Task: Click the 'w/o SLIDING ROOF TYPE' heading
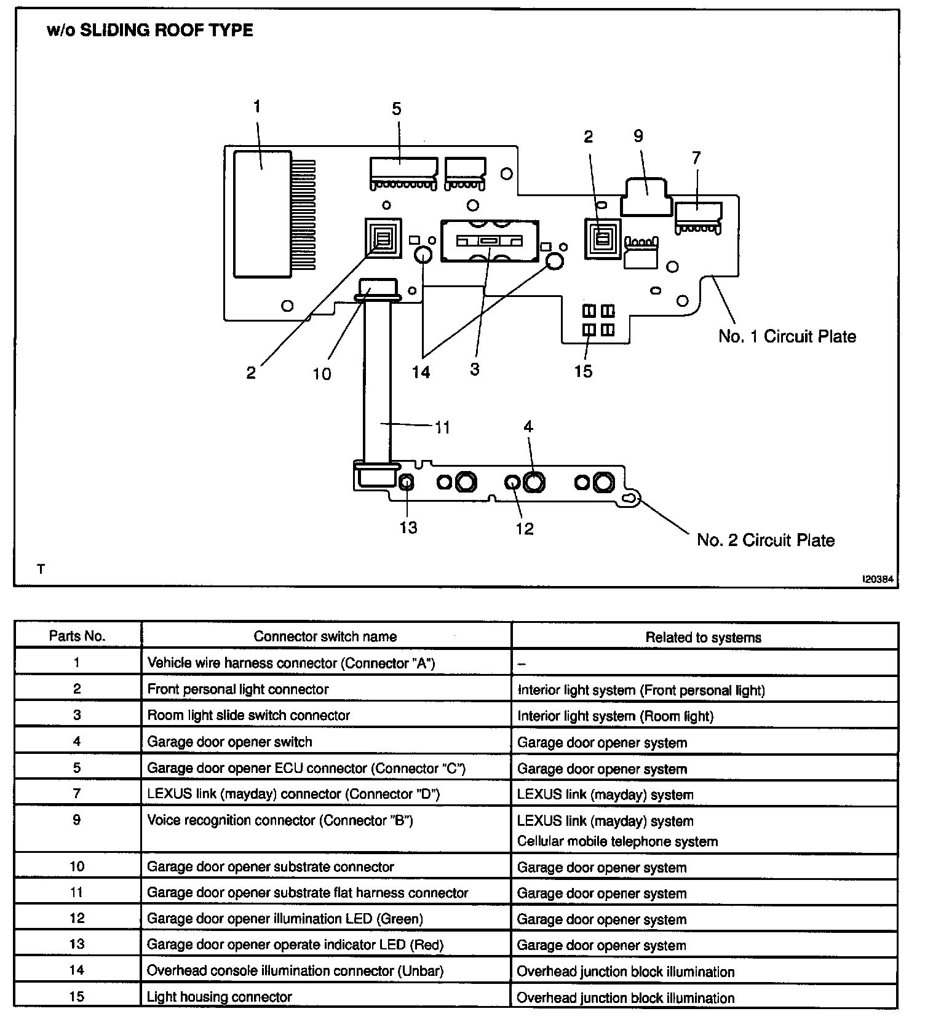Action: [149, 31]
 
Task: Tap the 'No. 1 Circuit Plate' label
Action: [787, 336]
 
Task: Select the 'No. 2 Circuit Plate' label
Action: [765, 540]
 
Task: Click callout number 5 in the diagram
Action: [397, 109]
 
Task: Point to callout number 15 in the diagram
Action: [583, 371]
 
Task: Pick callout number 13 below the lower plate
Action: [408, 528]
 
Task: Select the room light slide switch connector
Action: [490, 240]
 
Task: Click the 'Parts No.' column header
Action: [77, 636]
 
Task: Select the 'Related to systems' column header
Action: [703, 638]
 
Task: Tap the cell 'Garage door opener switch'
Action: [229, 742]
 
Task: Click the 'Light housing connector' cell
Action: [219, 997]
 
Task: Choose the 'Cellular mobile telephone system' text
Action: [617, 841]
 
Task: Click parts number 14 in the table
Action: [77, 970]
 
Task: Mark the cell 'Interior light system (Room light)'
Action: [615, 716]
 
